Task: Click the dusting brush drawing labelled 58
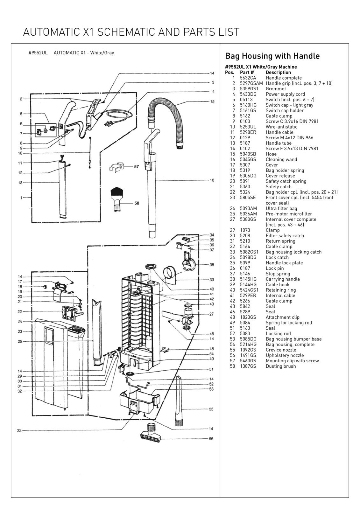tap(117, 199)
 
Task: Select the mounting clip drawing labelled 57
tap(116, 167)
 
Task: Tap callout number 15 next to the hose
tap(212, 101)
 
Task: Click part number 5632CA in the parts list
tap(248, 78)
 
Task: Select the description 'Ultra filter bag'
tap(281, 208)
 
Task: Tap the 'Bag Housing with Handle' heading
tap(272, 56)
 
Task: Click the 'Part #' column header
tap(247, 72)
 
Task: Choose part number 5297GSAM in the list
tap(251, 83)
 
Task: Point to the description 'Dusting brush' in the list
tap(281, 366)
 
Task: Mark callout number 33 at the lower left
tap(19, 430)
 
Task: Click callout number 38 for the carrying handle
tap(212, 264)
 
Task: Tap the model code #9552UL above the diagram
tap(38, 53)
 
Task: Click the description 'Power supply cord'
tap(285, 94)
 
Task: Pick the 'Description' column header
tap(279, 72)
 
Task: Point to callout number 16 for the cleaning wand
tap(212, 180)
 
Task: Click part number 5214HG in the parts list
tap(248, 344)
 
